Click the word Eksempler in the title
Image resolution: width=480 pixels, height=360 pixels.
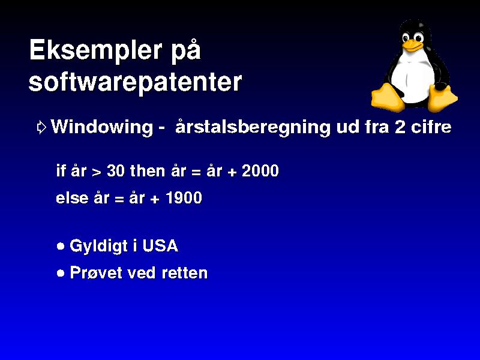(x=95, y=51)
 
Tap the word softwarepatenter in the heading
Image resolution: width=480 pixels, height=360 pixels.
(x=135, y=83)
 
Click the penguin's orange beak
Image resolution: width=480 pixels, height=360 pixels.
(x=412, y=46)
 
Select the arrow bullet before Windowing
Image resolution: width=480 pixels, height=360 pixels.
(x=41, y=127)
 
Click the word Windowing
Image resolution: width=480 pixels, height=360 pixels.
(x=102, y=127)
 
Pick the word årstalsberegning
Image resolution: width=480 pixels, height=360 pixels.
(x=253, y=127)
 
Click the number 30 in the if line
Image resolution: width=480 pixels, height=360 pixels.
(x=116, y=171)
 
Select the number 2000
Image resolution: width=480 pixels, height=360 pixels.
(x=260, y=171)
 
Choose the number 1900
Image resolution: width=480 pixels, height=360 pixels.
(x=184, y=198)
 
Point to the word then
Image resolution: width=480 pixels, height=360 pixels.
(x=148, y=170)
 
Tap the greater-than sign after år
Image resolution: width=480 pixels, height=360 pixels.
(x=97, y=172)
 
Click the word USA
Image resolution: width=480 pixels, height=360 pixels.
(x=160, y=246)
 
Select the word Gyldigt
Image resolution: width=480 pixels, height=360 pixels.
(x=98, y=247)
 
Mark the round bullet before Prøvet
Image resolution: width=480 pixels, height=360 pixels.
(x=61, y=273)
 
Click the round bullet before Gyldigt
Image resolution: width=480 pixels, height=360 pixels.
(x=61, y=247)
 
